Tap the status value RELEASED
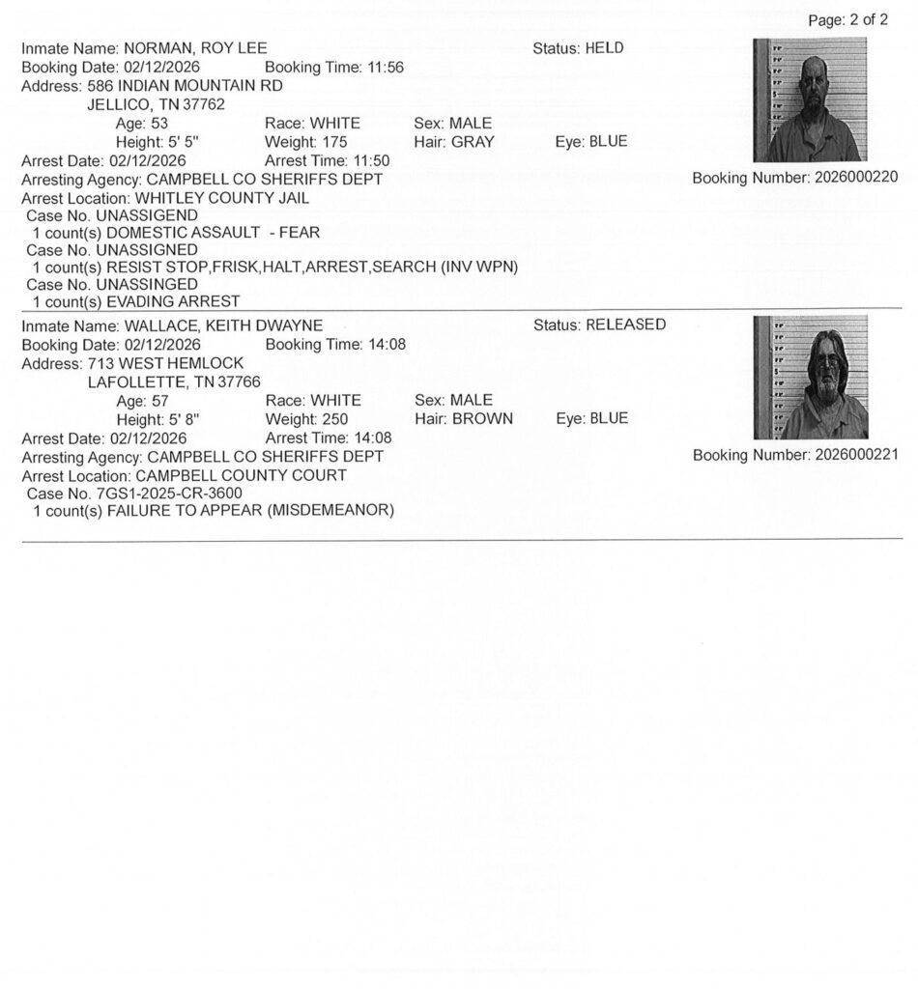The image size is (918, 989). tap(625, 325)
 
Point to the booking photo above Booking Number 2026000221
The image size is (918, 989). tap(810, 378)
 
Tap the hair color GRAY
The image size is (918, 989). tap(473, 142)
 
